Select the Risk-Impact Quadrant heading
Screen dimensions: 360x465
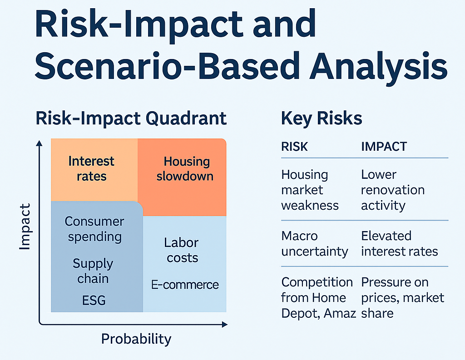[x=131, y=118]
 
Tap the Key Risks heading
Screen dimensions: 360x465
[x=322, y=118]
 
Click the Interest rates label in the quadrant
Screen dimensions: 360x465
[x=91, y=168]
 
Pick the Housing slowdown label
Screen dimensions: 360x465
[x=185, y=168]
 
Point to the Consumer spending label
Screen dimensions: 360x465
[x=94, y=229]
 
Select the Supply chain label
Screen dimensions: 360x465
[x=93, y=271]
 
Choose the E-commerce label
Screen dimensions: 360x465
[x=185, y=285]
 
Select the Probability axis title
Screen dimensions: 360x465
[x=136, y=339]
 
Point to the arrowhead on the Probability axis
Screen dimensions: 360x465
[x=224, y=324]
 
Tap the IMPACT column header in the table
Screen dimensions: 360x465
[x=384, y=147]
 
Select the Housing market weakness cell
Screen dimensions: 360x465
[x=310, y=190]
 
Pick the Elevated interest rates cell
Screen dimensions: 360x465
[x=399, y=243]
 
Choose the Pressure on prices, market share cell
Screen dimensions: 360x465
[x=402, y=297]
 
